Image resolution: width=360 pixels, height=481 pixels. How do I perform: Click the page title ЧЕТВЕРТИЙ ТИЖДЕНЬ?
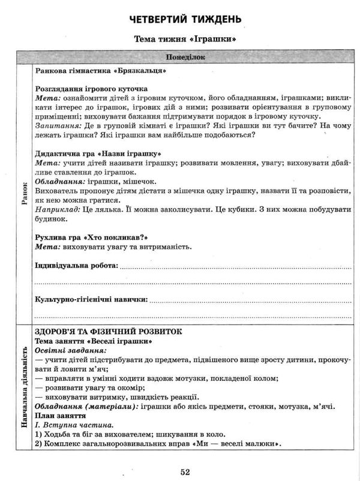(185, 19)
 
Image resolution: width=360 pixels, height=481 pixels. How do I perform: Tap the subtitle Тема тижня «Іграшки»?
(185, 41)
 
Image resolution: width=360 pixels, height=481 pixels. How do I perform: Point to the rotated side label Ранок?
(25, 194)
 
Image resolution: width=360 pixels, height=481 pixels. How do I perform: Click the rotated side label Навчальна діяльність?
(25, 387)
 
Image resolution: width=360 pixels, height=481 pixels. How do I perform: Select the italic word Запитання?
(58, 127)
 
